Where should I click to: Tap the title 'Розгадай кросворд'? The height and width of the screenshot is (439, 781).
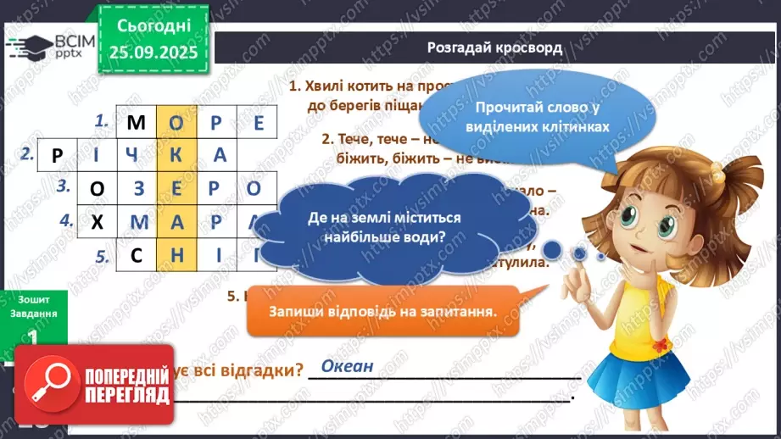(x=494, y=48)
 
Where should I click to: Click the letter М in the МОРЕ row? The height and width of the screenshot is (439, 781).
(x=136, y=123)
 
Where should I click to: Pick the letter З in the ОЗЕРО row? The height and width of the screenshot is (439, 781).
(x=136, y=188)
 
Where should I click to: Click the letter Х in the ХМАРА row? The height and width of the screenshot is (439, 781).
(x=96, y=222)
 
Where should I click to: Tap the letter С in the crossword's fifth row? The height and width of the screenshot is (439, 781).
(x=136, y=255)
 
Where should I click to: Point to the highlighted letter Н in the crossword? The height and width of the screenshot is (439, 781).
(x=176, y=255)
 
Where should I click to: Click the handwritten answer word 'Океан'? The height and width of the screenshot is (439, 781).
(x=347, y=367)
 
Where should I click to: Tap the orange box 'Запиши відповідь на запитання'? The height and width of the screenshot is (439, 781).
(x=382, y=311)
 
